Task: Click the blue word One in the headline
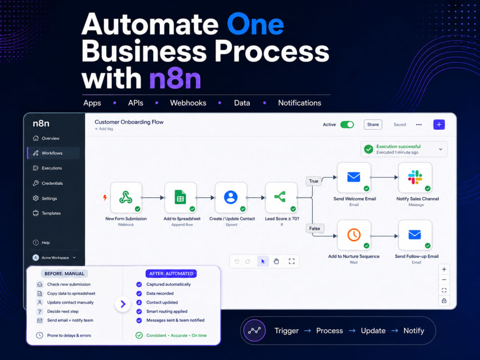coord(255,24)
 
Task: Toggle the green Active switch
coord(347,125)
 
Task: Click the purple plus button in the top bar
coord(439,125)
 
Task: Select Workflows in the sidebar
coord(52,153)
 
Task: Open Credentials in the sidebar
coord(52,183)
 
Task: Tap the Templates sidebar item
coord(51,213)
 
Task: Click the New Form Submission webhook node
coord(126,197)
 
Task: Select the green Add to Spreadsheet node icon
coord(180,197)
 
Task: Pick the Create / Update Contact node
coord(231,197)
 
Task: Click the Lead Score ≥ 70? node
coord(281,197)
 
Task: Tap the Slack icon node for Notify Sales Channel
coord(415,177)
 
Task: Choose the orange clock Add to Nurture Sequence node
coord(354,235)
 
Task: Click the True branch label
coord(313,181)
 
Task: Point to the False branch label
coord(314,228)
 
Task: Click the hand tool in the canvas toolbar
coord(276,262)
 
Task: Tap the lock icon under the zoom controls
coord(444,300)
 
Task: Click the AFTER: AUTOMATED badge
coord(171,274)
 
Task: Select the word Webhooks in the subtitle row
coord(188,103)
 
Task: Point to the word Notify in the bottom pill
coord(414,331)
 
